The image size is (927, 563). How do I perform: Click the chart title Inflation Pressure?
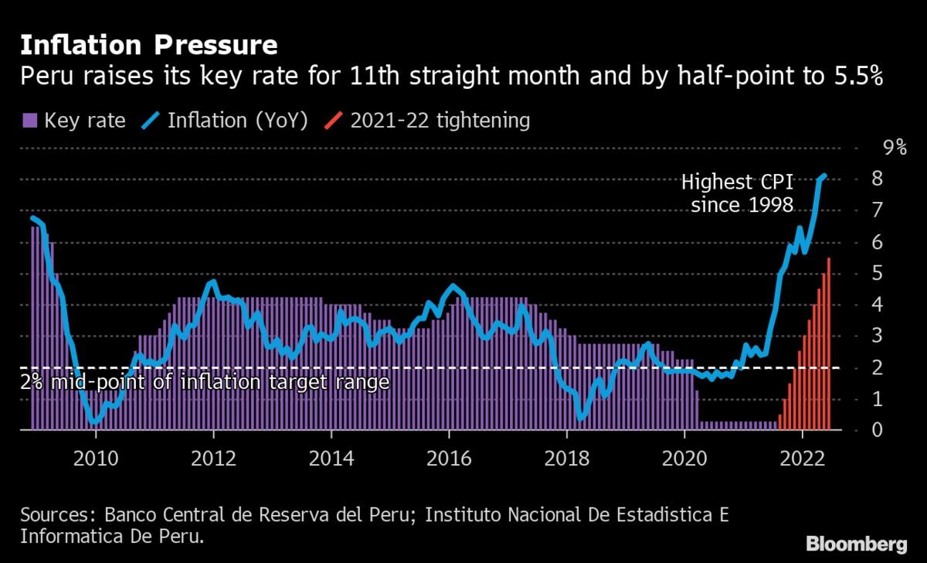click(148, 45)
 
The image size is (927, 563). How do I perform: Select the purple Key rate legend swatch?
click(30, 121)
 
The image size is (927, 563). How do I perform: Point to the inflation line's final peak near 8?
click(823, 176)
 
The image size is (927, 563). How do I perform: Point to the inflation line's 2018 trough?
click(581, 417)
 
